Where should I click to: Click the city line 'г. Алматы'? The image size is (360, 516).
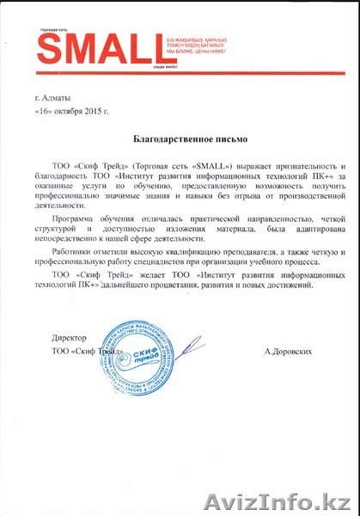click(52, 101)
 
